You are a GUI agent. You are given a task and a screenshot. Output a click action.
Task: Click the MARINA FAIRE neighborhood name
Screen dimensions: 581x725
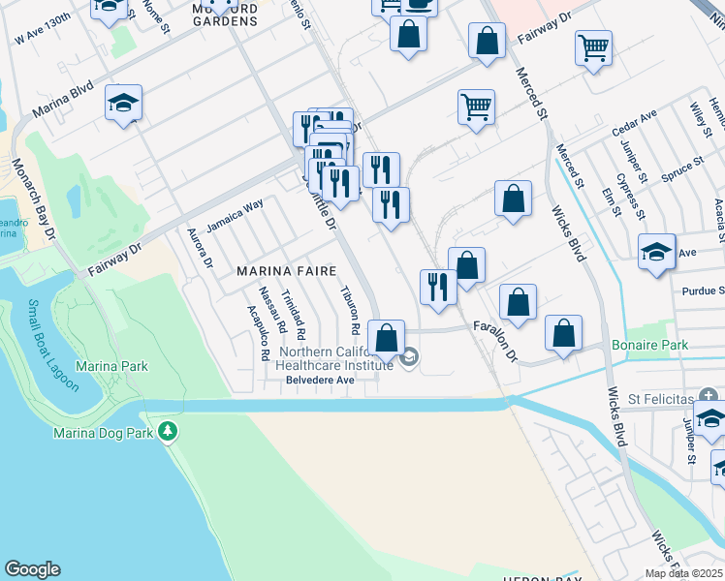[286, 272]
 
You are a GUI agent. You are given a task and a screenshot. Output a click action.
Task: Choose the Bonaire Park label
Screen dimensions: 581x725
[648, 345]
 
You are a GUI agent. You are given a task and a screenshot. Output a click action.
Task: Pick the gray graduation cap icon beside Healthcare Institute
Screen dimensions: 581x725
[409, 358]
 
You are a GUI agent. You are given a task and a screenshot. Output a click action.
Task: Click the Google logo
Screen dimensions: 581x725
[32, 569]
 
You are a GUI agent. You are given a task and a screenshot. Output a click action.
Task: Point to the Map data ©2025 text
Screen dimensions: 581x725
[683, 573]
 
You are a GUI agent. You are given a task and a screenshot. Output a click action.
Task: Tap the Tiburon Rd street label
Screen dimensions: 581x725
[350, 307]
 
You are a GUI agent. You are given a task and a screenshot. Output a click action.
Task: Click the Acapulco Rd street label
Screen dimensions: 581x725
[257, 333]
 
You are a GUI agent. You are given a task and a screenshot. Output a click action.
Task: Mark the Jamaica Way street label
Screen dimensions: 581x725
[235, 215]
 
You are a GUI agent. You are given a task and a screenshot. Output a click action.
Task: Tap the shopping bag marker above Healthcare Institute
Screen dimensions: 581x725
[387, 340]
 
